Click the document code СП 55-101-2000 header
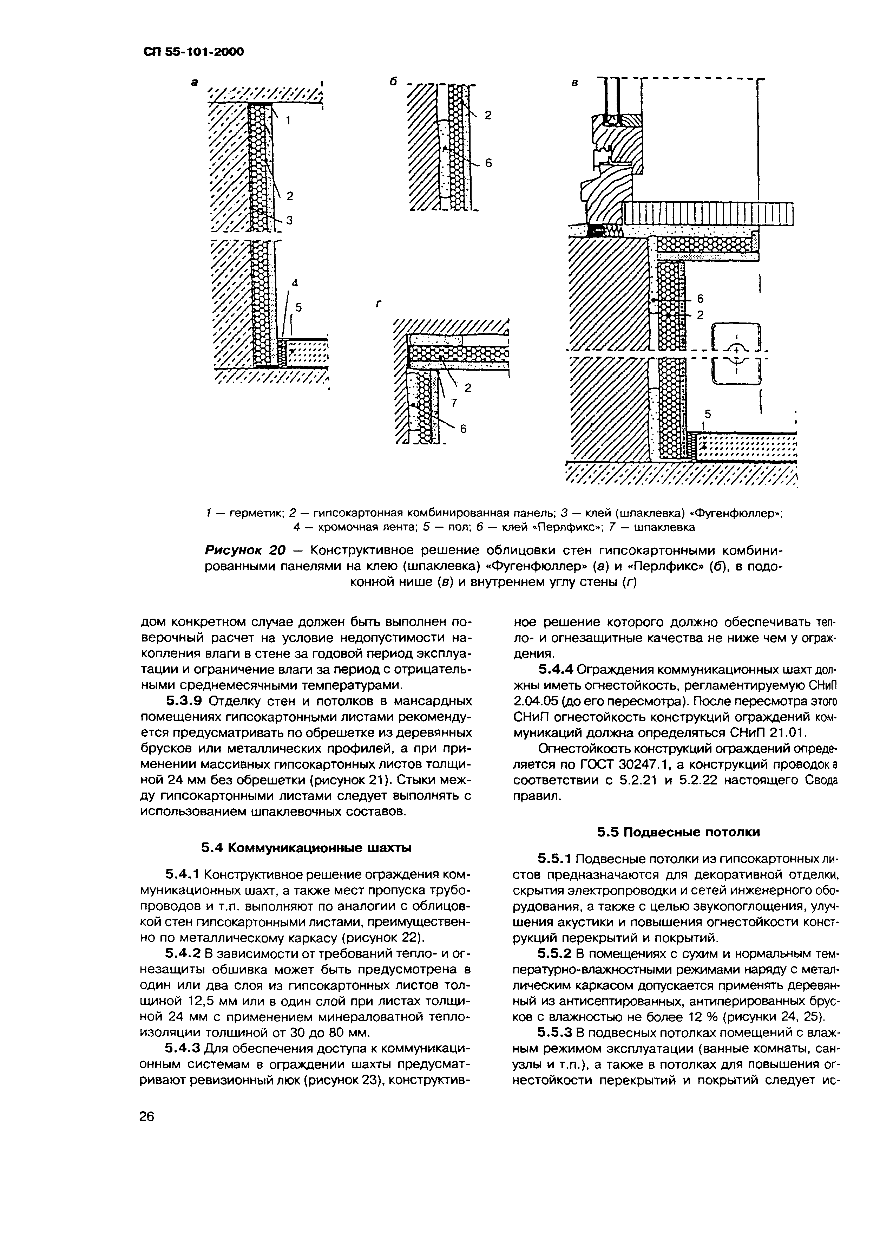[x=193, y=52]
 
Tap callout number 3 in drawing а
[x=289, y=220]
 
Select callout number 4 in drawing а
[x=295, y=283]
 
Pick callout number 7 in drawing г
[x=454, y=403]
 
